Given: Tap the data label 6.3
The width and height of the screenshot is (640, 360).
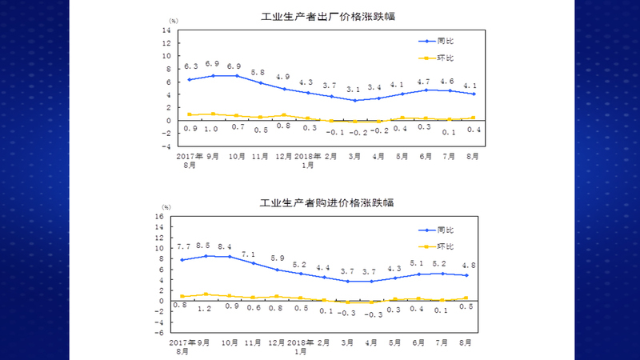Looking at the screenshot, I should point(191,66).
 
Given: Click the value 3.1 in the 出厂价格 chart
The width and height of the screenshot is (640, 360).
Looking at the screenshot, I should point(353,90).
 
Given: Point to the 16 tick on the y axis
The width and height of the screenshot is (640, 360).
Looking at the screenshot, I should point(159,217).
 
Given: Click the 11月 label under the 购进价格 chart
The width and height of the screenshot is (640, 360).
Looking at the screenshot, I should point(253,342).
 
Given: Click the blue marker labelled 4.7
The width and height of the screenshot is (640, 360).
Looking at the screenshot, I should point(426,90).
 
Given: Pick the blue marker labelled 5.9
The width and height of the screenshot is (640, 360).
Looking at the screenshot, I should point(277,270).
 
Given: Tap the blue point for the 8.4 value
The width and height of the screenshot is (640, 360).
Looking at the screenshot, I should point(230,257).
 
